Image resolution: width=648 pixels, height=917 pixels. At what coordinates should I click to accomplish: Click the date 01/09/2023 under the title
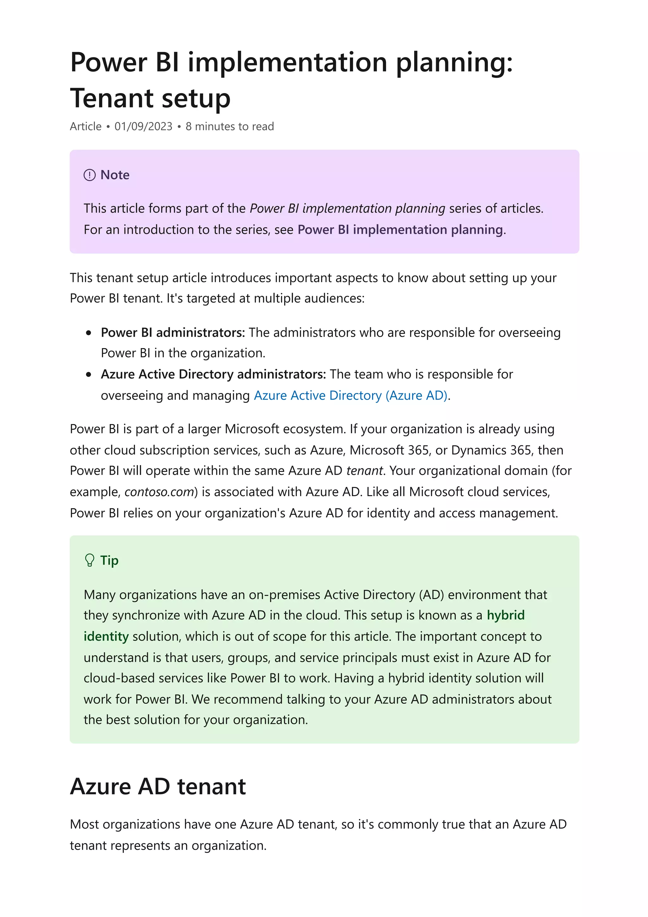(143, 127)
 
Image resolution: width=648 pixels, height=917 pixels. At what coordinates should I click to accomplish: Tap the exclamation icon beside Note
(90, 175)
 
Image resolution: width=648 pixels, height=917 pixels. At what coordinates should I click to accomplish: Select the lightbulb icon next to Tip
(90, 560)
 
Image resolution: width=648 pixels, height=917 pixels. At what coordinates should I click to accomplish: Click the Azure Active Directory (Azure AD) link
(351, 396)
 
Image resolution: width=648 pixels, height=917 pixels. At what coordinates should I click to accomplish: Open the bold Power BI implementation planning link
(400, 230)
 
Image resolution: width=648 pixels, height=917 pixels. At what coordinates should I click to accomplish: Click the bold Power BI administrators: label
(172, 332)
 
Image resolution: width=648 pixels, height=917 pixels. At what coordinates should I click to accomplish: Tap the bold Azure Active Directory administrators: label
(213, 374)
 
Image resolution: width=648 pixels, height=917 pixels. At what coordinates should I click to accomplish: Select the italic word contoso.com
(159, 492)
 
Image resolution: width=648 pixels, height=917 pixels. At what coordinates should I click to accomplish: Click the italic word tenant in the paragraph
(364, 471)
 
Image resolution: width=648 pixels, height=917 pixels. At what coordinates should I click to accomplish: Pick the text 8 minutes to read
(230, 127)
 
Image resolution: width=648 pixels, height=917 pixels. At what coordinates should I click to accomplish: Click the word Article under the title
(85, 127)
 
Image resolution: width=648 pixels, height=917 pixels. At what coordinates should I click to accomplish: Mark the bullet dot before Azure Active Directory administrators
(89, 375)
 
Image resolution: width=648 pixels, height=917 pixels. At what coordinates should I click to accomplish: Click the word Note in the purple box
(115, 175)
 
